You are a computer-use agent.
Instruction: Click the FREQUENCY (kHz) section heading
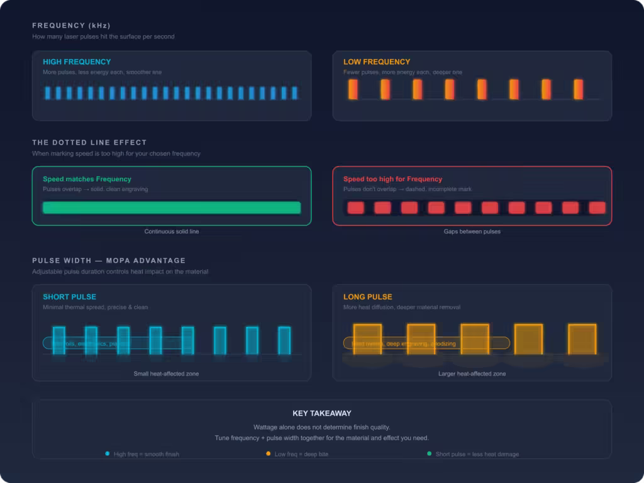(71, 26)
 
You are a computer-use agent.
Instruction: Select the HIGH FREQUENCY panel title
(77, 62)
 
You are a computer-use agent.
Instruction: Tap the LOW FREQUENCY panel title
(377, 62)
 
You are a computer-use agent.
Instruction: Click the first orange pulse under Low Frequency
(353, 89)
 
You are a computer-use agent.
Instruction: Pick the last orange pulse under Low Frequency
(578, 89)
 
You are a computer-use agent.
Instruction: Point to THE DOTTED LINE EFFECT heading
(89, 143)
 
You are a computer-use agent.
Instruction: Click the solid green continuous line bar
(171, 208)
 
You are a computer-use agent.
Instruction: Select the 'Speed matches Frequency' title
(87, 179)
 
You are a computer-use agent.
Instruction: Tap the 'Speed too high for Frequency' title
(392, 179)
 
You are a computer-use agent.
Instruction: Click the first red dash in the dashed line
(356, 208)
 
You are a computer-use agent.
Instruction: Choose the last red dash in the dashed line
(597, 208)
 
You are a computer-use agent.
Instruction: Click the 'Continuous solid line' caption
(171, 231)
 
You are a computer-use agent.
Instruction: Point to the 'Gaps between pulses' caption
(472, 231)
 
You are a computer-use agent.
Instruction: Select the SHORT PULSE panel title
(69, 297)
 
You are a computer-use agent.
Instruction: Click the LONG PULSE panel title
(367, 297)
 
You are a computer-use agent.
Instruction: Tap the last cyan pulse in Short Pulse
(284, 340)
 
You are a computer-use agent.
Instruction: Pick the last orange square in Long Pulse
(582, 339)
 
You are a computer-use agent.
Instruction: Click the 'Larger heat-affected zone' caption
(472, 374)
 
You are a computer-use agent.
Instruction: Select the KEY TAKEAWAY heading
(322, 413)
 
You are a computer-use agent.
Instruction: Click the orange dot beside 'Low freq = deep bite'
(269, 453)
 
